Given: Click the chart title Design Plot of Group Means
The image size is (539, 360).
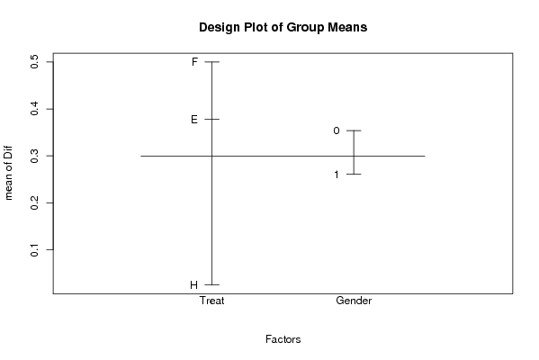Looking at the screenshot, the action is click(283, 27).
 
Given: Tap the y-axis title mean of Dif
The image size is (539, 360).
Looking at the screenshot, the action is click(8, 173).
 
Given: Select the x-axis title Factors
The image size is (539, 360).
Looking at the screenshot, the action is click(283, 339).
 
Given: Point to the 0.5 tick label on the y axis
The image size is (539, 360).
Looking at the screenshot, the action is click(34, 62).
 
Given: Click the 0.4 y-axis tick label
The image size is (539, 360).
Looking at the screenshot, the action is click(34, 109).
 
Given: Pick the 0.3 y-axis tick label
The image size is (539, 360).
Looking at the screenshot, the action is click(34, 156).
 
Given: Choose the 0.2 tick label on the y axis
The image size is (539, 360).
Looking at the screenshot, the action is click(34, 202).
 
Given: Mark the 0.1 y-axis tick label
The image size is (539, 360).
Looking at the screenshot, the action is click(34, 249).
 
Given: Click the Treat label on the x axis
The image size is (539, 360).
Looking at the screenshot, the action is click(211, 301).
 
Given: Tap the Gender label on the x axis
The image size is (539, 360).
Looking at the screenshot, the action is click(354, 301).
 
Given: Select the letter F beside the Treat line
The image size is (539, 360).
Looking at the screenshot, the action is click(194, 62).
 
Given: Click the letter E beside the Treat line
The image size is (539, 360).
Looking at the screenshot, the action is click(194, 120).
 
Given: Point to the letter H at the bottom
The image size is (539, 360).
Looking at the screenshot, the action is click(193, 285).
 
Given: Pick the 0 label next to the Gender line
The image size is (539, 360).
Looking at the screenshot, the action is click(337, 130).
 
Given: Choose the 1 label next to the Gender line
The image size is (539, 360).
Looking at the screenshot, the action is click(337, 175).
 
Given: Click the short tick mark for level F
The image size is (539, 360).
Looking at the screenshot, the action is click(211, 62).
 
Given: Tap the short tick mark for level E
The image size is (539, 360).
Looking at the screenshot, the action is click(211, 120).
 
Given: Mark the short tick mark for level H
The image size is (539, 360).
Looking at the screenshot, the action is click(211, 284).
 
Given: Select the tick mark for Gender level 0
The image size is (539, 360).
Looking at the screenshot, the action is click(354, 130).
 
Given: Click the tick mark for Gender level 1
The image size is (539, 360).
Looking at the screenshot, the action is click(354, 175).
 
